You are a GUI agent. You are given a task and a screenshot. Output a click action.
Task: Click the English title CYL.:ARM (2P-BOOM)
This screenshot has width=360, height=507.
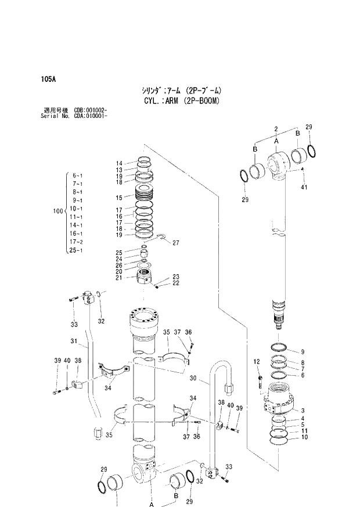(x=175, y=100)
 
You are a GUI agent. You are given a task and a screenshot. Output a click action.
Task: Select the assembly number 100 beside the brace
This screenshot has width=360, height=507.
(x=57, y=213)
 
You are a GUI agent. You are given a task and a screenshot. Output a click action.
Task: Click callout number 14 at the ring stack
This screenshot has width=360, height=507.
(x=119, y=163)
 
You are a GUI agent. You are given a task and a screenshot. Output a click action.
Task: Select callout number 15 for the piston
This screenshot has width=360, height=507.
(x=119, y=197)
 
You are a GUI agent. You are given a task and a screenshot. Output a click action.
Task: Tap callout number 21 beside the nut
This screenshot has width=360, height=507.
(x=119, y=278)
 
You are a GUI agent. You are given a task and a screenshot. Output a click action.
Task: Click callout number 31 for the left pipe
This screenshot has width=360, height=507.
(x=74, y=341)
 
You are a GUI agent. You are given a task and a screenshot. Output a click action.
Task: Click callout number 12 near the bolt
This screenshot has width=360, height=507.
(x=256, y=362)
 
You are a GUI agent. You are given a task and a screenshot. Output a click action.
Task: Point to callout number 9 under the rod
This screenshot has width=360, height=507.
(x=302, y=352)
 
